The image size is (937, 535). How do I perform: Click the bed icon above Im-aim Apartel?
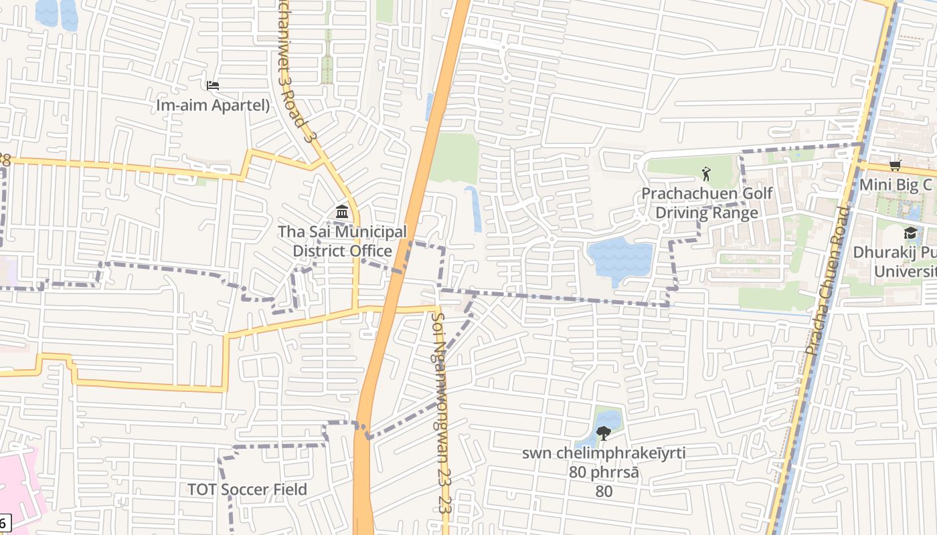coord(213,85)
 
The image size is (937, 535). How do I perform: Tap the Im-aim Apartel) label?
coord(213,105)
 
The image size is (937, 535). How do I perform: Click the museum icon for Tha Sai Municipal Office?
coord(342,212)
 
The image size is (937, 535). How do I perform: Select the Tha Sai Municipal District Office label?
coord(342,241)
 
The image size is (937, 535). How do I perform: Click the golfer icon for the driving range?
coord(706,174)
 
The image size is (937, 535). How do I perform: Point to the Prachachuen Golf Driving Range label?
coord(707,203)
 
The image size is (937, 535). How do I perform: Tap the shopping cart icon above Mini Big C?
coord(895,165)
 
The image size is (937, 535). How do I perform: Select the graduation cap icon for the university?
coord(910,233)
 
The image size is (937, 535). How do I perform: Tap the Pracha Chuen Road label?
coord(828,280)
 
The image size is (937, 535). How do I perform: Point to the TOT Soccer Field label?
coord(247,490)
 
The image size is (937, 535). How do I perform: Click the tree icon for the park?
coord(603,433)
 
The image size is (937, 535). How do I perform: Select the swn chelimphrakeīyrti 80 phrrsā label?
coord(604,471)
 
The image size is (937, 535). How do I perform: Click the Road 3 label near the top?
coord(292,74)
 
